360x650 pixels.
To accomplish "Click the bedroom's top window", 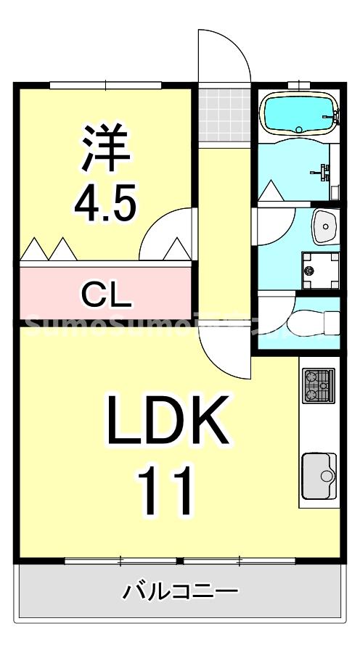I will click(x=106, y=85).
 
